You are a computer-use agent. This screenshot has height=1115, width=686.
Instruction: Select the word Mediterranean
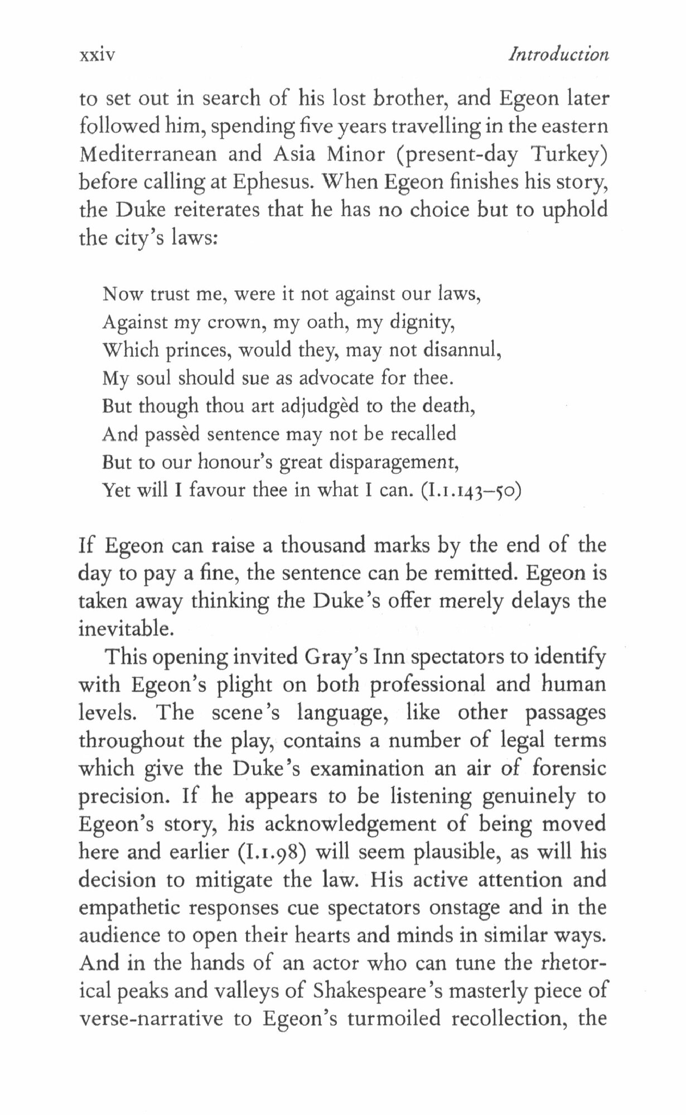coord(148,154)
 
